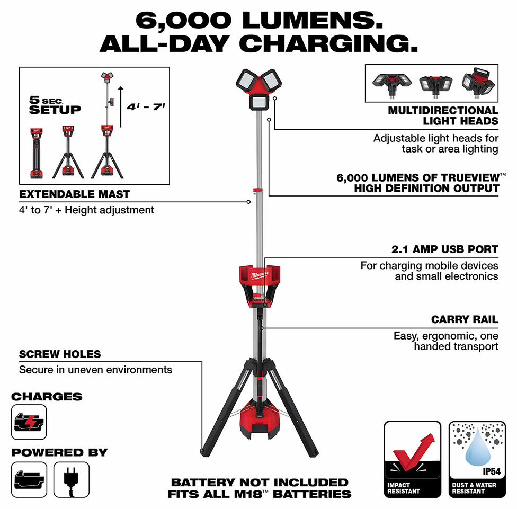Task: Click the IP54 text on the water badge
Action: click(492, 471)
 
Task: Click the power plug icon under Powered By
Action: click(71, 480)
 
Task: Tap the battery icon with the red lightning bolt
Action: click(29, 422)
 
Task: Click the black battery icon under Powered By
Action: click(29, 480)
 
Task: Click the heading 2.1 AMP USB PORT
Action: click(445, 249)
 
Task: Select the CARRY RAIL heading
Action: click(465, 319)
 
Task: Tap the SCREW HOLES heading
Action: click(60, 354)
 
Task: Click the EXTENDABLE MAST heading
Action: click(75, 194)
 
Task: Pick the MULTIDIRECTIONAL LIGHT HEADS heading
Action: click(443, 115)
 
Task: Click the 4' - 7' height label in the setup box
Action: click(146, 107)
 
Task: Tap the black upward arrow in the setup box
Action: click(121, 107)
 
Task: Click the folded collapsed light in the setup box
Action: click(36, 153)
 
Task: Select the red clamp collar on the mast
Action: click(258, 191)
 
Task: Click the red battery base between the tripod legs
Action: click(260, 418)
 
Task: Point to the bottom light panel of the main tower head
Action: click(259, 102)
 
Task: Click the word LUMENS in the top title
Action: click(312, 21)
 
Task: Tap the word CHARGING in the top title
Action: click(328, 44)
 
